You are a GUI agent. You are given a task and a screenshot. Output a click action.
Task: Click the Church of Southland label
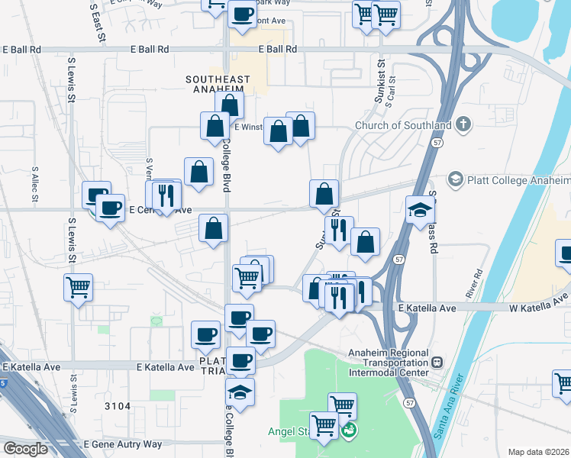point(405,125)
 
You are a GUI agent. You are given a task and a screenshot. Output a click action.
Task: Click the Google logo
point(25,449)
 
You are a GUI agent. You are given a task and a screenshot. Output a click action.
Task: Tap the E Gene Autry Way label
point(123,444)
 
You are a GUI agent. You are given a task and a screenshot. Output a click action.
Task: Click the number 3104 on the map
point(118,408)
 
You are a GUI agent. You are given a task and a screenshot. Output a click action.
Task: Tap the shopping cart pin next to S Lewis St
point(78,289)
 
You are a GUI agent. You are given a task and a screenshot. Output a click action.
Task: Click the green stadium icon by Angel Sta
point(350,431)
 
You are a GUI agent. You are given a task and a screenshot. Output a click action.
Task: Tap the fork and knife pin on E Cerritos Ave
point(166,195)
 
